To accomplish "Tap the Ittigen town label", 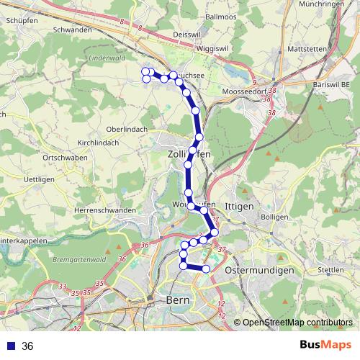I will (240, 206).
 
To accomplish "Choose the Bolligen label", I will (274, 216).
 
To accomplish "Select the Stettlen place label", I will (330, 269).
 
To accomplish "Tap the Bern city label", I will (177, 300).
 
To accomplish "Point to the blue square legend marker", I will (10, 346).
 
